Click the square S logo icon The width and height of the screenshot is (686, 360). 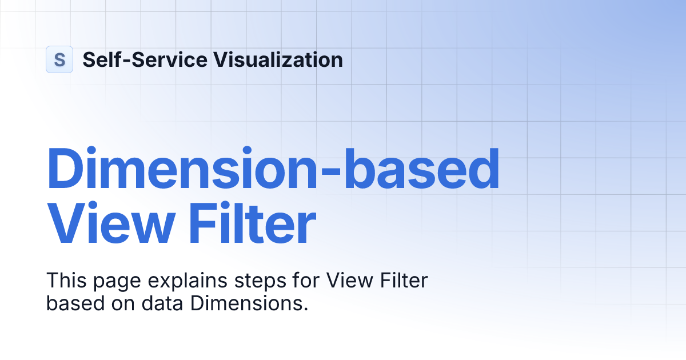[x=59, y=59]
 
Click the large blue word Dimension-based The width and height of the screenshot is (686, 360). [x=273, y=169]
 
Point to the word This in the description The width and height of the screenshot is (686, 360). [x=65, y=281]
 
